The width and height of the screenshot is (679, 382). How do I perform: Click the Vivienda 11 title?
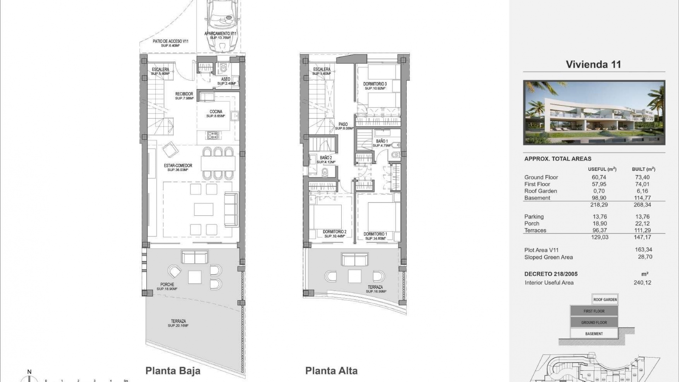click(593, 64)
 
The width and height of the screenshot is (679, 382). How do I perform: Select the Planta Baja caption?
click(173, 371)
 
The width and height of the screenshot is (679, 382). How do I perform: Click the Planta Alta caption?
click(331, 371)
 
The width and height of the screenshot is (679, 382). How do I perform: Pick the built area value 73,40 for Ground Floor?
click(642, 177)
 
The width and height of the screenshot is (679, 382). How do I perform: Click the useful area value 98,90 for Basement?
click(599, 198)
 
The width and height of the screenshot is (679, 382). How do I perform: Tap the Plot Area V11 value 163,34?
click(643, 250)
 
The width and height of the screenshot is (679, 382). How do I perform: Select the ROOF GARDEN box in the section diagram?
click(605, 300)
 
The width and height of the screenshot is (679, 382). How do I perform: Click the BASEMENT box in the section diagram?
click(594, 334)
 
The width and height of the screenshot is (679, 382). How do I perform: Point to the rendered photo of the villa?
click(594, 112)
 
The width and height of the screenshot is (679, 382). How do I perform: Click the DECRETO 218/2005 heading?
click(551, 274)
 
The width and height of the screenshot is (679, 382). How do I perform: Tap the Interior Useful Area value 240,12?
click(642, 283)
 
